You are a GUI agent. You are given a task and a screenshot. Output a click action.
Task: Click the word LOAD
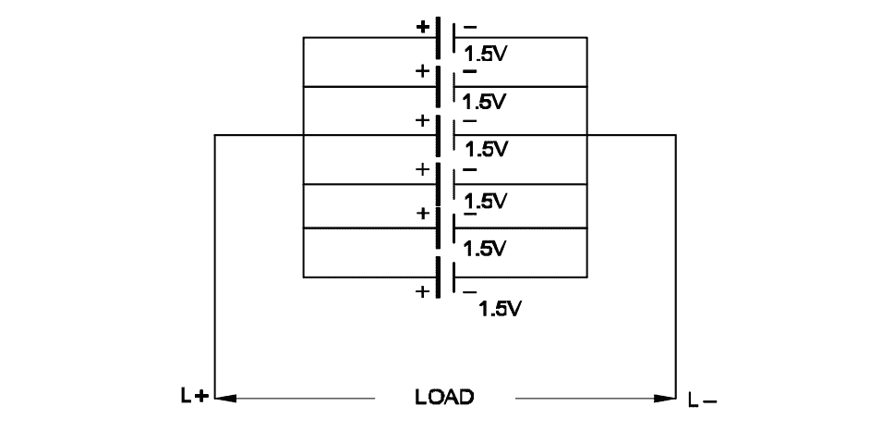tap(444, 397)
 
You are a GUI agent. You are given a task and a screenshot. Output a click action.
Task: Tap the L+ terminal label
tap(195, 395)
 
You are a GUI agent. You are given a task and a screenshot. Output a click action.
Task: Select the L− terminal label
tap(703, 400)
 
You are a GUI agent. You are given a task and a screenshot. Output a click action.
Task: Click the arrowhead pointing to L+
tap(225, 399)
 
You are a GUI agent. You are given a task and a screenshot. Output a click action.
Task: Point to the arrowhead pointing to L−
tap(665, 399)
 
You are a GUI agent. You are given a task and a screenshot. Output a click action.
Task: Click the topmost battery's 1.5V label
tap(486, 54)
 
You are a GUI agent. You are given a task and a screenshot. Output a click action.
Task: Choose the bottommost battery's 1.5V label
tap(500, 309)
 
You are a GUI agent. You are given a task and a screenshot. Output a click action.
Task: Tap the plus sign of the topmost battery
tap(422, 27)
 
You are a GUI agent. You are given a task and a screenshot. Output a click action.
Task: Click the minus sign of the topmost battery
tap(470, 27)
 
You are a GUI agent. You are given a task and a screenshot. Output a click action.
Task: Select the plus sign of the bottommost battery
tap(422, 291)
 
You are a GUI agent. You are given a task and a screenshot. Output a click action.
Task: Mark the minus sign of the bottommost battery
tap(470, 292)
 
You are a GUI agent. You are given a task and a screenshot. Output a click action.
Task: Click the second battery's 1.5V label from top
tap(484, 102)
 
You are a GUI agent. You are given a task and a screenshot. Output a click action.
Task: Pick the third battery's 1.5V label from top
tap(487, 149)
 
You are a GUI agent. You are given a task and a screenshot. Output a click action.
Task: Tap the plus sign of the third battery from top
tap(422, 120)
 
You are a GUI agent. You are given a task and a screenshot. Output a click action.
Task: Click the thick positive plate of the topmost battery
tap(438, 38)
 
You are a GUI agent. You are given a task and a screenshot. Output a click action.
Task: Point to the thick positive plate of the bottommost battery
tap(438, 277)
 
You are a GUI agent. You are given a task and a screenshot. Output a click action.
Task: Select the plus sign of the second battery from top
tap(422, 71)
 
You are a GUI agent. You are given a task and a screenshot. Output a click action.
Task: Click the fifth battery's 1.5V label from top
tap(484, 249)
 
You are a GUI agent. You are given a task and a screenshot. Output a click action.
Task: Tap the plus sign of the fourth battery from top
tap(422, 169)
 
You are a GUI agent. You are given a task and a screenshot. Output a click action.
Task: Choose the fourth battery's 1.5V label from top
tap(486, 201)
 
